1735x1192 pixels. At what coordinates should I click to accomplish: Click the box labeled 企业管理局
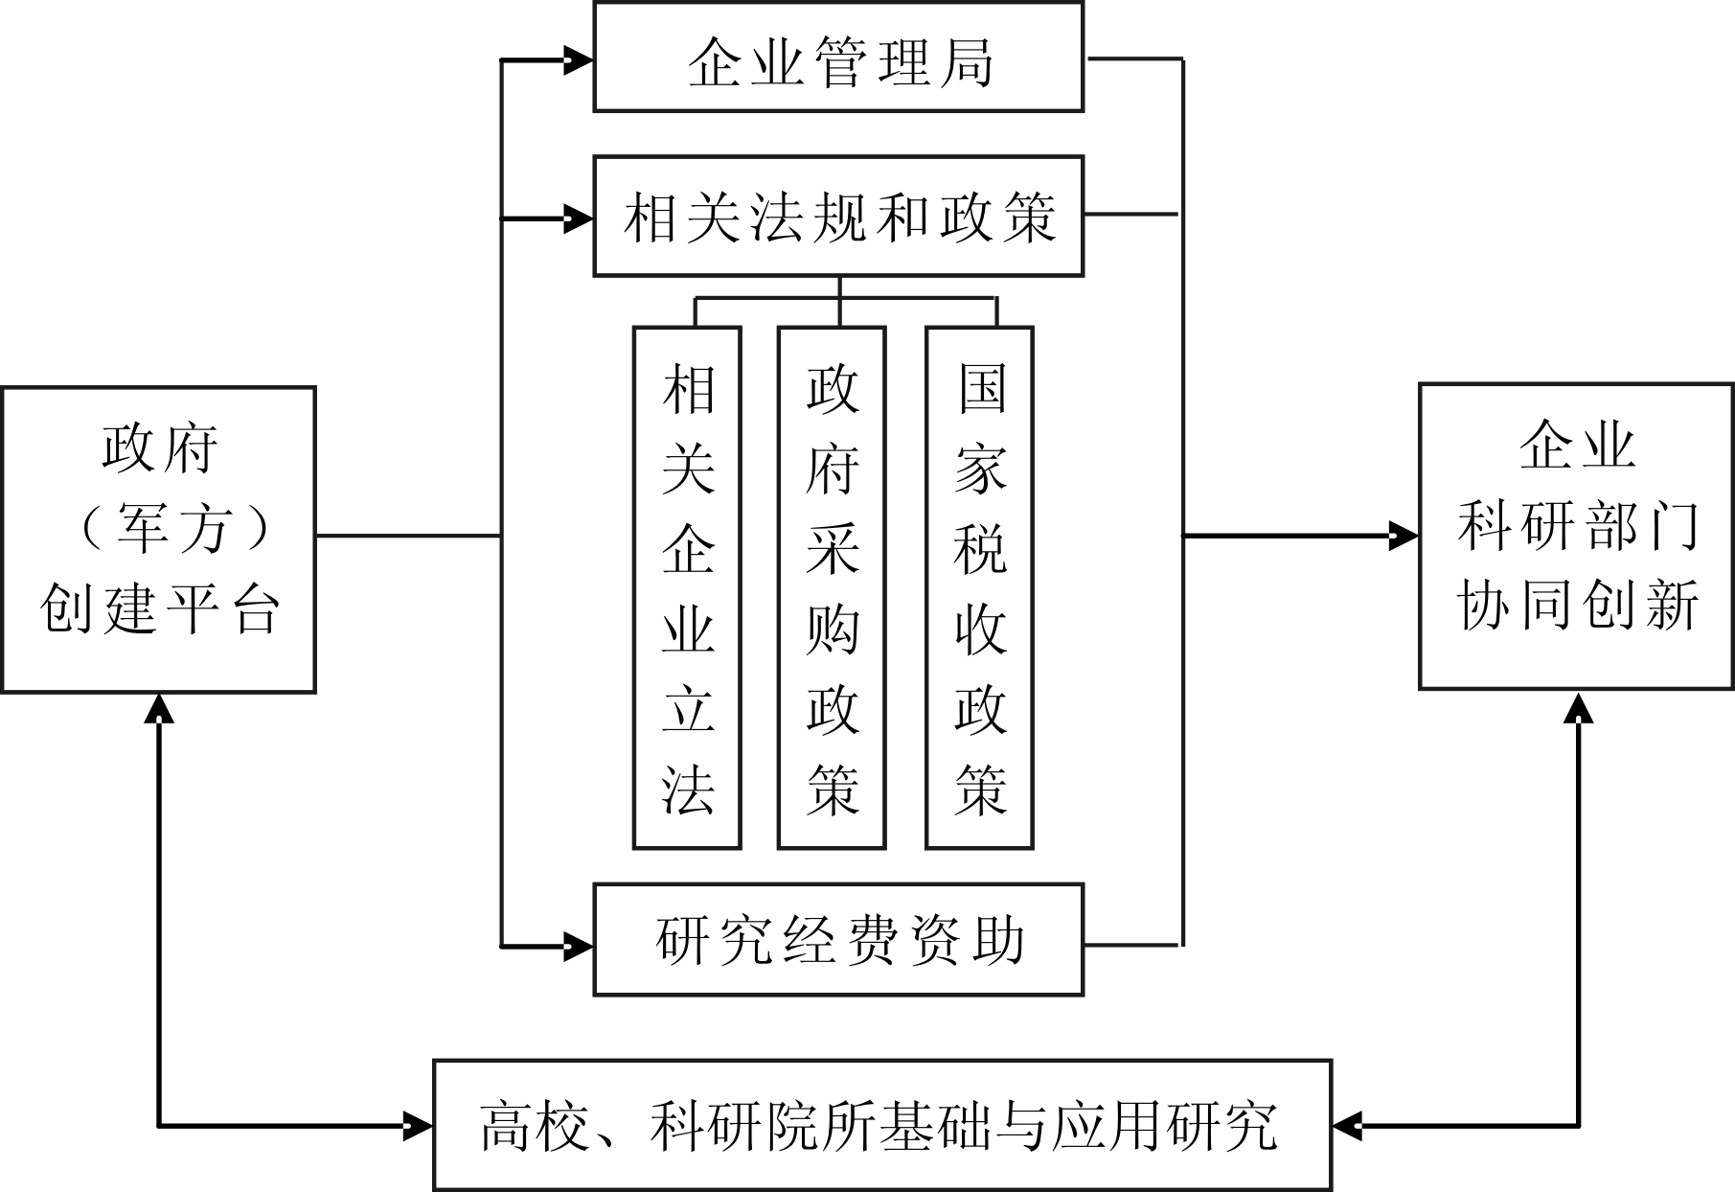[838, 57]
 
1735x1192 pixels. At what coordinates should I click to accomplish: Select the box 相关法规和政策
[838, 217]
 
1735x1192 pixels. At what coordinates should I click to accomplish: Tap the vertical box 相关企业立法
[687, 588]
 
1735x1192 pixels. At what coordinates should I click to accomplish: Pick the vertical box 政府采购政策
[831, 588]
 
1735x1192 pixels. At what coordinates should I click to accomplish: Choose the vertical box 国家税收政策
[979, 588]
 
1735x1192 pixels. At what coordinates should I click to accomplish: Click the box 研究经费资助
[838, 940]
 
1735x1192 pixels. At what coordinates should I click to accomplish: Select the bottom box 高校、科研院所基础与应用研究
[881, 1125]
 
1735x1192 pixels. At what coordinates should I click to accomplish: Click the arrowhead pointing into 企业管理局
[578, 61]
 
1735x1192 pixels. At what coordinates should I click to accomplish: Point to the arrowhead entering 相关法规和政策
[578, 219]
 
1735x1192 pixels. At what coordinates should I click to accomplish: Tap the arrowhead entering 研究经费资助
[578, 947]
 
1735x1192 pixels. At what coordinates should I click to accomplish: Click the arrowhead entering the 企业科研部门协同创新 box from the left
[1404, 536]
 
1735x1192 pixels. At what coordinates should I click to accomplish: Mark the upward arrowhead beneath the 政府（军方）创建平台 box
[159, 709]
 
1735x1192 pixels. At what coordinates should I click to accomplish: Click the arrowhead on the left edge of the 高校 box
[418, 1125]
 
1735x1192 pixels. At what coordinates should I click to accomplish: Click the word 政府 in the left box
[160, 448]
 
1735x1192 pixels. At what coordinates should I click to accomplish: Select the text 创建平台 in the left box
[160, 609]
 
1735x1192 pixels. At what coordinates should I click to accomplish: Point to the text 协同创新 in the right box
[1577, 605]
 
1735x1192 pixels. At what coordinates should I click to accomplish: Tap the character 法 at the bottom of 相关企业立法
[688, 790]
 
